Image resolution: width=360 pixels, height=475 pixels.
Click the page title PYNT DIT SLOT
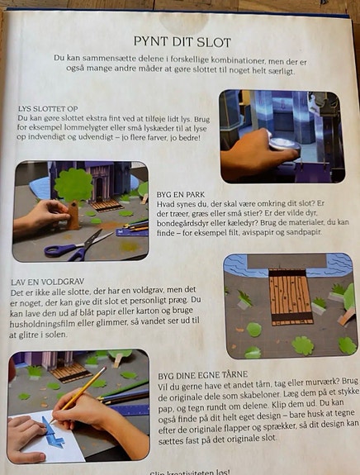(x=181, y=41)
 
